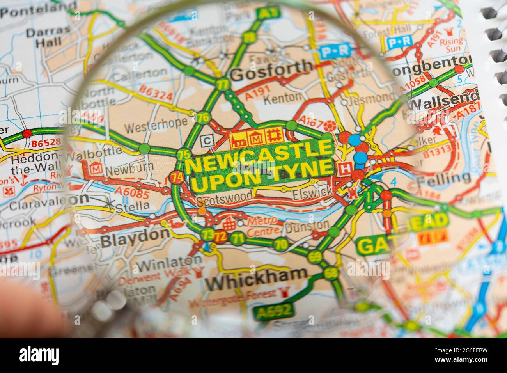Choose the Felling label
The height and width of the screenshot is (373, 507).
pyautogui.click(x=443, y=178)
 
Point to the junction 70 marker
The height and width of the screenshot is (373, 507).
pyautogui.click(x=280, y=244)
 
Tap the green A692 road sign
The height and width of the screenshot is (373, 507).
pyautogui.click(x=273, y=311)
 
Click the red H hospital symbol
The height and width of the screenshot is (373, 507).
pyautogui.click(x=345, y=169)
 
